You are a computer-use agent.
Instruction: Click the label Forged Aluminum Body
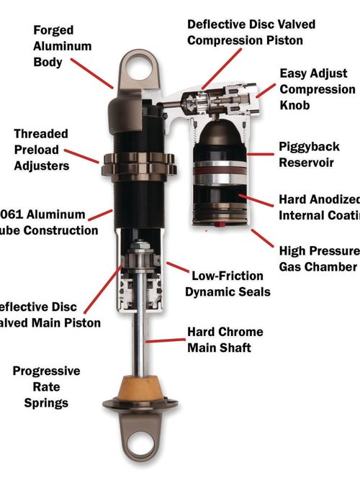[63, 46]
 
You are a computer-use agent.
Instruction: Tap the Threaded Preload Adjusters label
[41, 150]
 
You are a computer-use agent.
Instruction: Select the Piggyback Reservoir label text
[306, 155]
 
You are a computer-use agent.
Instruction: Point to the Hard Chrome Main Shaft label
[225, 340]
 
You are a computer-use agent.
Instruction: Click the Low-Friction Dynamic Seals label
[227, 283]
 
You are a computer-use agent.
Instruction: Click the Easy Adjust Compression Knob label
[317, 89]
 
